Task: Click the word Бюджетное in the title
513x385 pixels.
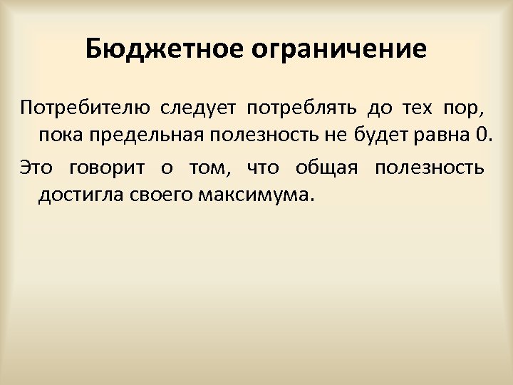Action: click(x=165, y=50)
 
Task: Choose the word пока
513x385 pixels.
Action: click(x=60, y=135)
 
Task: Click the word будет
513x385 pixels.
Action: click(x=381, y=135)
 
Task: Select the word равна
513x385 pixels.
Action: click(x=442, y=135)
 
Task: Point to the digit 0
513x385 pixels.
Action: click(x=482, y=135)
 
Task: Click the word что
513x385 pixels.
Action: click(x=263, y=169)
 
